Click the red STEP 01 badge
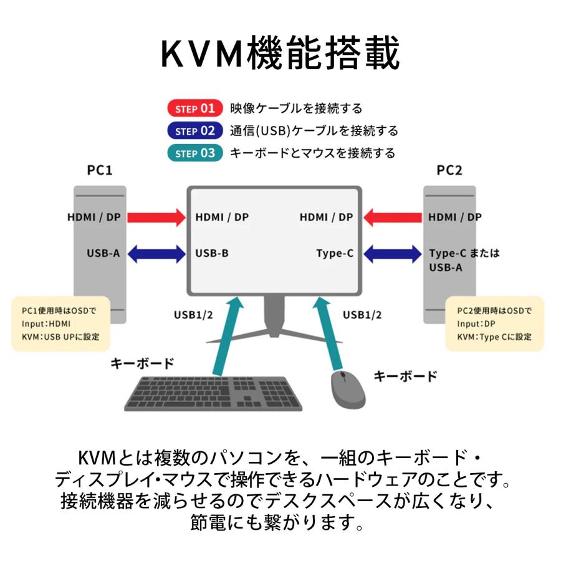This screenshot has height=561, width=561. tap(194, 108)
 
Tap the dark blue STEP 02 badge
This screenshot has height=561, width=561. tap(194, 131)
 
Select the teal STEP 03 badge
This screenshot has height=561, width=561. tap(194, 153)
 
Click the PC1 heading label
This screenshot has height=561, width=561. tap(100, 170)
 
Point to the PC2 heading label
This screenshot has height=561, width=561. tap(449, 170)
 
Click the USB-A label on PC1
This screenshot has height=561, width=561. tap(103, 254)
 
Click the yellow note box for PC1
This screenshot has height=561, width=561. tap(60, 324)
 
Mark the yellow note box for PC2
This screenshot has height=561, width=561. tap(494, 324)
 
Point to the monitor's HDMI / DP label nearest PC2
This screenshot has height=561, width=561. tap(325, 218)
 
